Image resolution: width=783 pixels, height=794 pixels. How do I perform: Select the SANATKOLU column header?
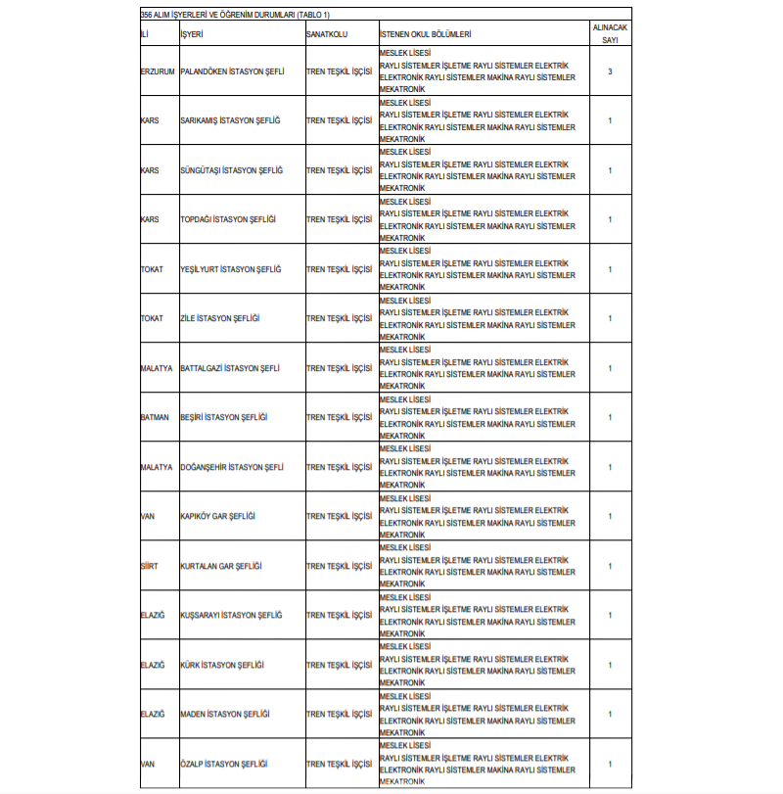pyautogui.click(x=327, y=34)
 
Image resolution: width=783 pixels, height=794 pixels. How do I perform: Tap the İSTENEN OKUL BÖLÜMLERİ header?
pyautogui.click(x=426, y=34)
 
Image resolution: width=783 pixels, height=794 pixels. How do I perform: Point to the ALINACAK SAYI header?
pyautogui.click(x=610, y=34)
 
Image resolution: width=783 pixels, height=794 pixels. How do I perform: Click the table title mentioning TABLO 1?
pyautogui.click(x=235, y=15)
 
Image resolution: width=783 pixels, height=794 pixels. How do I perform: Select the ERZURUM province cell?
pyautogui.click(x=158, y=72)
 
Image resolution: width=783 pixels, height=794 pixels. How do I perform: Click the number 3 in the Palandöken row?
pyautogui.click(x=610, y=72)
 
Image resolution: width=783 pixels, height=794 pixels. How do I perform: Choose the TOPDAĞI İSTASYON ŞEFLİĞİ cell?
pyautogui.click(x=228, y=219)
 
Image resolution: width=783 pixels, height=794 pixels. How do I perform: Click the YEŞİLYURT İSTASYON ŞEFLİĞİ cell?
pyautogui.click(x=231, y=269)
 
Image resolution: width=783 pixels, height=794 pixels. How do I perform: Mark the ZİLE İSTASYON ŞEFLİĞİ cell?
pyautogui.click(x=220, y=318)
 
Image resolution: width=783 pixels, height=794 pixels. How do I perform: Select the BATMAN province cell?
pyautogui.click(x=155, y=417)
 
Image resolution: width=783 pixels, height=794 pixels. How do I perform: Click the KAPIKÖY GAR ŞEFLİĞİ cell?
pyautogui.click(x=218, y=516)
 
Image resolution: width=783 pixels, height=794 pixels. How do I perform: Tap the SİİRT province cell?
pyautogui.click(x=150, y=566)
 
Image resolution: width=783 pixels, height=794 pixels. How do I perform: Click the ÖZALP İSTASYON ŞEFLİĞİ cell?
pyautogui.click(x=224, y=764)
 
